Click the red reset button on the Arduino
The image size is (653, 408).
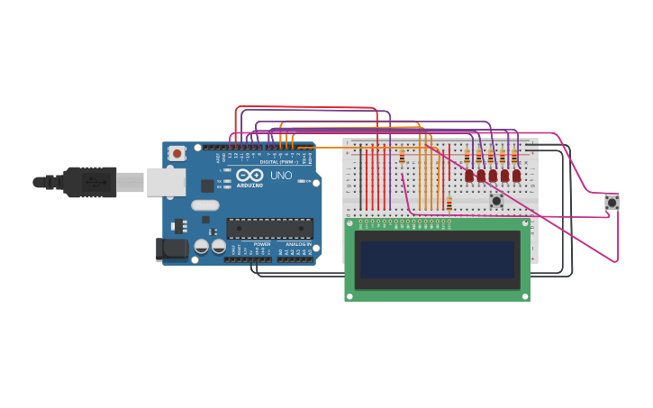click(177, 153)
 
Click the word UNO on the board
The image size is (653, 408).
click(282, 176)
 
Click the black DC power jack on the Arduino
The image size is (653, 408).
click(170, 249)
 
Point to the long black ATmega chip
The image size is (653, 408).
click(269, 228)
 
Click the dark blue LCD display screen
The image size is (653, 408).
click(437, 259)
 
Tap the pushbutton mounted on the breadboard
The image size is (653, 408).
click(496, 200)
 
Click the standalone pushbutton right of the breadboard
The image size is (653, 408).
click(612, 203)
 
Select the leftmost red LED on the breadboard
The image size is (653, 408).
click(469, 176)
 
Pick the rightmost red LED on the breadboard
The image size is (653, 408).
click(516, 176)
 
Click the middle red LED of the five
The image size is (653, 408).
click(493, 176)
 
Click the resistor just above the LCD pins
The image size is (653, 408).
click(449, 204)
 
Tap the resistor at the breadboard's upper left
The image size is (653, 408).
click(402, 159)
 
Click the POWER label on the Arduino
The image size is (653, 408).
click(262, 244)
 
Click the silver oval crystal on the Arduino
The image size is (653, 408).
click(204, 204)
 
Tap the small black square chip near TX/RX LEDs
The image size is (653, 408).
click(207, 186)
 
